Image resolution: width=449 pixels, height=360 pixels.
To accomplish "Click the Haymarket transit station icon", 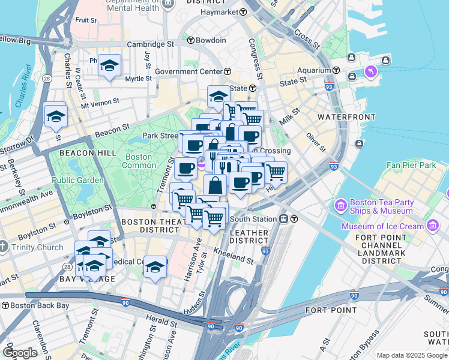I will (243, 12).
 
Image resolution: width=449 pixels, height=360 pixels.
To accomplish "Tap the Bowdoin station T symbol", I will (191, 40).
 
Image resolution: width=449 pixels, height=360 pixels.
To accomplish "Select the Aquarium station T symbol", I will (337, 70).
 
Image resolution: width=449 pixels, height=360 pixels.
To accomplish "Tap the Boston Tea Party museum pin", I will (340, 206).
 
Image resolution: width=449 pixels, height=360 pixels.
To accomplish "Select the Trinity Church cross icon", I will (4, 247).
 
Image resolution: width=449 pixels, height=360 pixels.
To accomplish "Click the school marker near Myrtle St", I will (109, 65).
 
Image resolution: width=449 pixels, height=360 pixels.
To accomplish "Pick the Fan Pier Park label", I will (411, 164).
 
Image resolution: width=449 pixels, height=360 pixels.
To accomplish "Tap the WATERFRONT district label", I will (346, 116).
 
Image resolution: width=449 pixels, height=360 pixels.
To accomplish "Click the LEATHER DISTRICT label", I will (249, 232).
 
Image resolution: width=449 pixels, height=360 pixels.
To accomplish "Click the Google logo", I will (20, 353).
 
